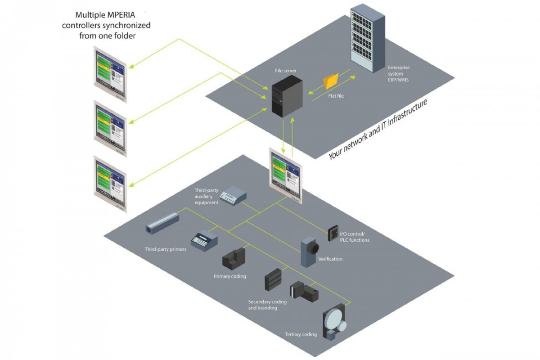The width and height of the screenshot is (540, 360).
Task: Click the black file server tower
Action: [287, 96]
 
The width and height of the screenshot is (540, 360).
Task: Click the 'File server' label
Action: [286, 71]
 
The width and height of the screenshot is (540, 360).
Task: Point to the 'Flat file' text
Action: [334, 95]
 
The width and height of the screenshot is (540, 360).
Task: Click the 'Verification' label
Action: [330, 259]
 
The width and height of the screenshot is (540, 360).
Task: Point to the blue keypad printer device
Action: [204, 240]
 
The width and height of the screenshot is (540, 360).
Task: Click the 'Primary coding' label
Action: [229, 276]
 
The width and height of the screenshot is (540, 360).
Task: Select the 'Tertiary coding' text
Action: [301, 334]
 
